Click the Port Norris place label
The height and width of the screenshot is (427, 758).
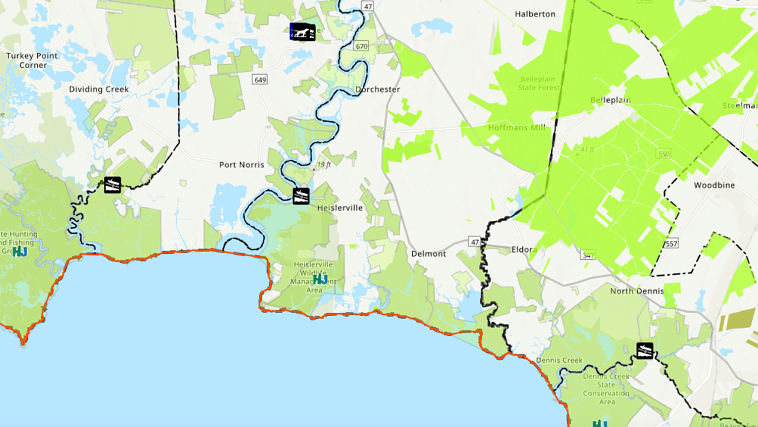(x=242, y=165)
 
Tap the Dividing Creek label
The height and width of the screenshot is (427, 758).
(x=99, y=90)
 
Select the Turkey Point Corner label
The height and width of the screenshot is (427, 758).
(x=32, y=60)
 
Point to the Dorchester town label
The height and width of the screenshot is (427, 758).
(x=378, y=90)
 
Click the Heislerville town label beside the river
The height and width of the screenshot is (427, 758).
(x=340, y=208)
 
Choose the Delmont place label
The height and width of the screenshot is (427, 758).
(x=429, y=254)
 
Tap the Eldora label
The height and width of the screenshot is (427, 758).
(x=524, y=250)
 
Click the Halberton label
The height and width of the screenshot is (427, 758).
(x=535, y=14)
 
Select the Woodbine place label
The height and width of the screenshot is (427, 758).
(x=714, y=185)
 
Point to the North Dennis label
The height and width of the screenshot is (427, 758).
(x=637, y=291)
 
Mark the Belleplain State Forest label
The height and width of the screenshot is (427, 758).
(x=539, y=83)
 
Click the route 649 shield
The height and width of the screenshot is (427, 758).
(x=259, y=79)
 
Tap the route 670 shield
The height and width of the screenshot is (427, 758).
(x=361, y=46)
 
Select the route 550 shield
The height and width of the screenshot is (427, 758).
(x=663, y=154)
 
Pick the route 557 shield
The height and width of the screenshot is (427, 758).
(x=672, y=243)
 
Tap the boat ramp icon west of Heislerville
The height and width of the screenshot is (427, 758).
(x=301, y=196)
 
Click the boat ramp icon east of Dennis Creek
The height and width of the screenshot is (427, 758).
(x=644, y=350)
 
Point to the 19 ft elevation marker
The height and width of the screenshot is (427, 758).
(x=323, y=165)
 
